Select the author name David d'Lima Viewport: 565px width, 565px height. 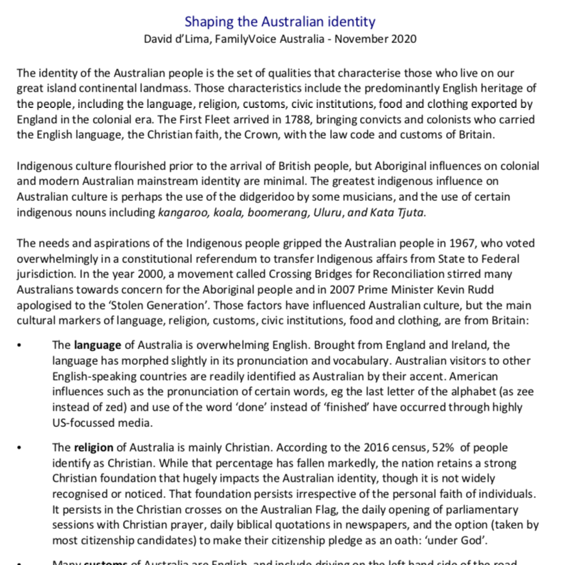coord(180,39)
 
